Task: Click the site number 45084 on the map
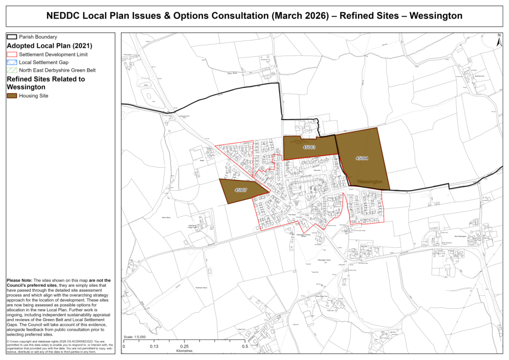[362, 158]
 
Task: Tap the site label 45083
[309, 147]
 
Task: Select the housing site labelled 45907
[241, 190]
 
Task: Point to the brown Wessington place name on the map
[370, 182]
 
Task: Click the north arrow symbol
[499, 42]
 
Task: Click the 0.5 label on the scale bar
[245, 347]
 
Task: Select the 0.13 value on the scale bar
[153, 347]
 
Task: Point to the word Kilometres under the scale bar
[184, 352]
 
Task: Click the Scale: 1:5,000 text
[135, 337]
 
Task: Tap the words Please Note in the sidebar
[19, 281]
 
